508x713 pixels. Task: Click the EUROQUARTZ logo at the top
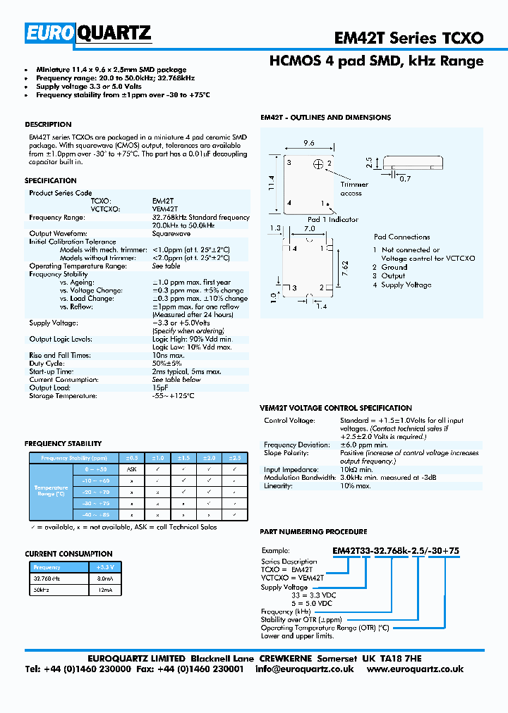coord(88,33)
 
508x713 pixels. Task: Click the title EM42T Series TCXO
coord(409,37)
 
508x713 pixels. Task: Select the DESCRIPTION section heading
coord(48,125)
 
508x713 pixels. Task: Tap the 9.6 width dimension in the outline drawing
coord(308,142)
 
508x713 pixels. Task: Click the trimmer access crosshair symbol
coord(318,164)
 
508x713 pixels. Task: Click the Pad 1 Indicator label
coord(332,219)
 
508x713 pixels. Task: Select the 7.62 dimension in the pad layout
coord(345,268)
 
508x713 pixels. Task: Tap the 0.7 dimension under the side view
coord(405,179)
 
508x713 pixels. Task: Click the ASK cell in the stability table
coord(131,469)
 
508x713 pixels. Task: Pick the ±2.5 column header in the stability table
coord(234,458)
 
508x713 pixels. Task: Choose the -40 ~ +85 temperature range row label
coord(97,514)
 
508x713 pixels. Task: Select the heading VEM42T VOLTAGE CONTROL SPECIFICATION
coord(336,408)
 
